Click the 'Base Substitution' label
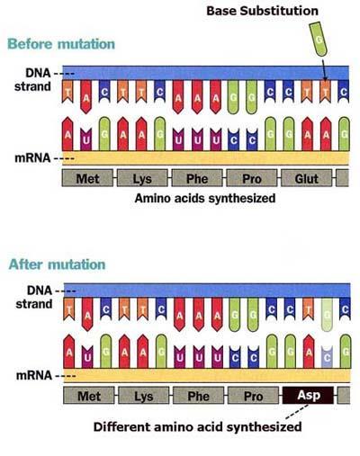point(262,11)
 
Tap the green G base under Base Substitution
point(319,40)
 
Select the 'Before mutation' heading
point(61,44)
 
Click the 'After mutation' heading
point(57,264)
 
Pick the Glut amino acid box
point(307,178)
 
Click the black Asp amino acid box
point(309,395)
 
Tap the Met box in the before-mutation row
point(87,178)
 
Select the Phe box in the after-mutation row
point(199,396)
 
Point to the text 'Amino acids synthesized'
point(205,198)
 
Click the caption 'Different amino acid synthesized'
point(197,426)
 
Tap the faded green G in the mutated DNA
point(327,315)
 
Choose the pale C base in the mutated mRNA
point(327,357)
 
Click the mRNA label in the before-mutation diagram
point(32,158)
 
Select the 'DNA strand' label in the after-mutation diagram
point(34,297)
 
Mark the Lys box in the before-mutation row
point(142,178)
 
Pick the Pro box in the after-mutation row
point(253,396)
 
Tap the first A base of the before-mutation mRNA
point(67,134)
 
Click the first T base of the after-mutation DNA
point(69,308)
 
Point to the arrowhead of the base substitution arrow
point(325,79)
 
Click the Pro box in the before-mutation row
point(252,178)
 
